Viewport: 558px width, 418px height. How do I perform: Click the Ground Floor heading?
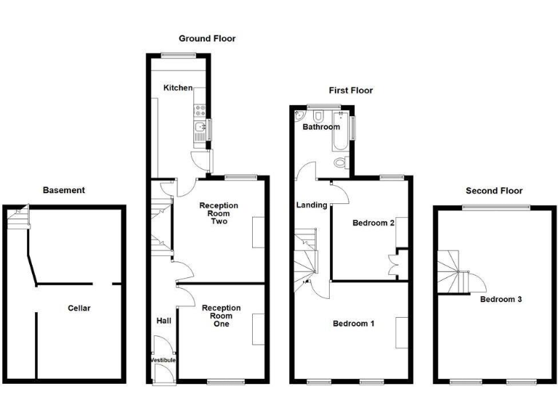(x=208, y=38)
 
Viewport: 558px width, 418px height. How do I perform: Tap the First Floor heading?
(x=350, y=91)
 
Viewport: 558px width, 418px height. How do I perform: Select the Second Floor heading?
(x=494, y=191)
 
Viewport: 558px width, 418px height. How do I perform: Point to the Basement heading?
(x=64, y=190)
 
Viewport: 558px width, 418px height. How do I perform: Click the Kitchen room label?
(x=178, y=88)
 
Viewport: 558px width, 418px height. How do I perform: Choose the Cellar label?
(x=79, y=308)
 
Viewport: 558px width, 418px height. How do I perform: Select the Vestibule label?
(x=163, y=360)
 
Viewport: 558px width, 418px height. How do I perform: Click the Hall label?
(x=163, y=320)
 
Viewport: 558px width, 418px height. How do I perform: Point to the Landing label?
(x=312, y=205)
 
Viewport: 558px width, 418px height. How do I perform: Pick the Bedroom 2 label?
(x=373, y=223)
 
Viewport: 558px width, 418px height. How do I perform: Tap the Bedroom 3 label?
(x=501, y=299)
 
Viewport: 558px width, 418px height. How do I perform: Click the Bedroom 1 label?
(x=354, y=324)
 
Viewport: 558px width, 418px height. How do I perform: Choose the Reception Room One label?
(x=222, y=316)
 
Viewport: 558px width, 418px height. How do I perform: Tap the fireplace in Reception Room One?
(x=257, y=329)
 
